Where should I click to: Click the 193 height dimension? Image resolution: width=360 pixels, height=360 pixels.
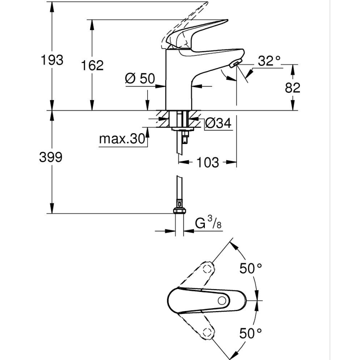point(52,60)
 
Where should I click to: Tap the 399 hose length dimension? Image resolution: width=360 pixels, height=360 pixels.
point(51,157)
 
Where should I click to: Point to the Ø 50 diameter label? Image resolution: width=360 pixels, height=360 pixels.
point(139,78)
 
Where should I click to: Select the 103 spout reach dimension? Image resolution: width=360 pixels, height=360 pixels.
point(207,162)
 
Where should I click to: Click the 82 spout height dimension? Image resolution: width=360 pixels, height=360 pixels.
point(292,87)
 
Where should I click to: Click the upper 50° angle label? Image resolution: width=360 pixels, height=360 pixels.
point(251,268)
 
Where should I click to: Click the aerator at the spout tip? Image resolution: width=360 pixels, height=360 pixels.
point(234,63)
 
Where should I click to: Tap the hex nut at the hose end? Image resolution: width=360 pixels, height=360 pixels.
point(179,210)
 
